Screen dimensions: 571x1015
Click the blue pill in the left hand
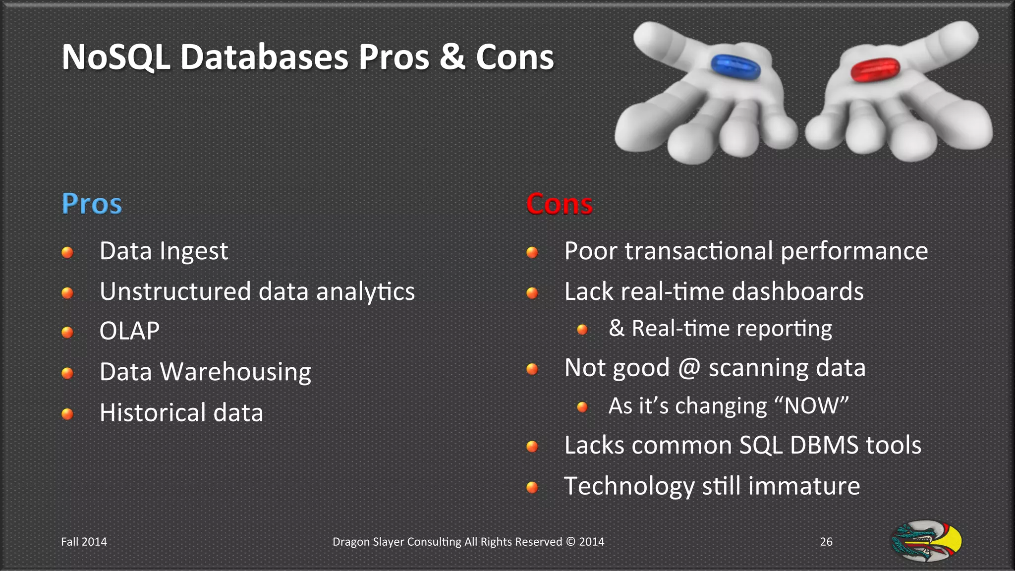(735, 66)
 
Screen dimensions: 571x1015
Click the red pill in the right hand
(875, 69)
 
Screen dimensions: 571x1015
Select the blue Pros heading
(92, 204)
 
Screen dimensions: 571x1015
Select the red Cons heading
(559, 204)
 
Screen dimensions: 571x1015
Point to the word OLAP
(129, 331)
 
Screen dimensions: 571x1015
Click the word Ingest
(194, 252)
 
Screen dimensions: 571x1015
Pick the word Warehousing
(235, 372)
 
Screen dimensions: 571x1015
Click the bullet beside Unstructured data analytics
(67, 293)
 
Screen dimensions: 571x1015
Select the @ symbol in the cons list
(689, 368)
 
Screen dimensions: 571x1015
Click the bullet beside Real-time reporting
(582, 330)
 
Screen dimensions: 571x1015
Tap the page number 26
(826, 542)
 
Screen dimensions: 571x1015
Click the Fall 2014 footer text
(84, 542)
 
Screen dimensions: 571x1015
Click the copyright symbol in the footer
(571, 542)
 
